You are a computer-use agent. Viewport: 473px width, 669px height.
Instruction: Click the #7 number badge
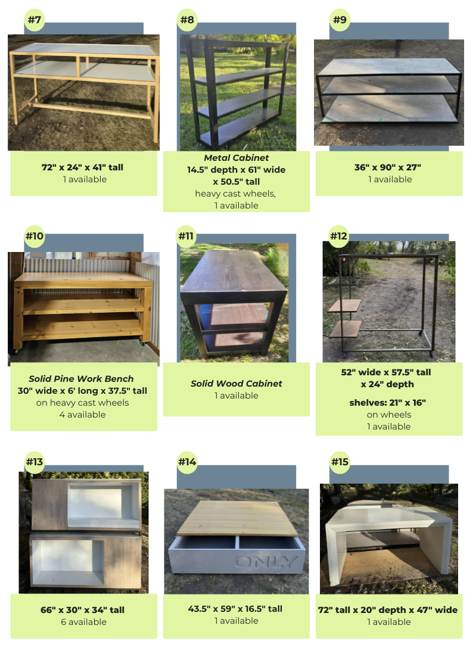pos(35,20)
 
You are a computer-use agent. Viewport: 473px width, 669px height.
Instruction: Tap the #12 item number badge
pos(338,236)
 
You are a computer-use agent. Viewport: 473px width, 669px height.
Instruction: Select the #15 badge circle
pos(340,462)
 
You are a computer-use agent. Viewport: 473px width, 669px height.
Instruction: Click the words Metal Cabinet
pos(236,158)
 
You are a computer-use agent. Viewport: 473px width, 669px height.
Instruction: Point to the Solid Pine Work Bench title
pos(81,379)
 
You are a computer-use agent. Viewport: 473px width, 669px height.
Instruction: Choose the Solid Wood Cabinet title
pos(236,384)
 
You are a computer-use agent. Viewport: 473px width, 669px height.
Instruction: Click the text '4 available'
pos(82,415)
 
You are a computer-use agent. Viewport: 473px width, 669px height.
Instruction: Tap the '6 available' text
pos(83,622)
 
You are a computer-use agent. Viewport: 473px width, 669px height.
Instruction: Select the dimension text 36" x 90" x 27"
pos(388,167)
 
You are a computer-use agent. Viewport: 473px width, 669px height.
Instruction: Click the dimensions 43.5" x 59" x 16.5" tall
pos(235,609)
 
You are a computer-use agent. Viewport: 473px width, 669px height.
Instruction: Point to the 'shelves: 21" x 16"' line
pos(388,403)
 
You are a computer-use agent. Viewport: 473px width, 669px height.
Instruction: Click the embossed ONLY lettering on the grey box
pos(265,562)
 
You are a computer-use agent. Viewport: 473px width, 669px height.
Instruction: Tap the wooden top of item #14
pos(237,518)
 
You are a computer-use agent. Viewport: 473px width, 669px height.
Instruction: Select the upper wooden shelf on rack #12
pos(344,306)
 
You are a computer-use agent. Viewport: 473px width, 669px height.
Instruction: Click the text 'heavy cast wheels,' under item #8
pos(235,194)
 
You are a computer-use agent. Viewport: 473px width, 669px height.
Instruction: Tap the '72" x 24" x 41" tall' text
pos(82,167)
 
